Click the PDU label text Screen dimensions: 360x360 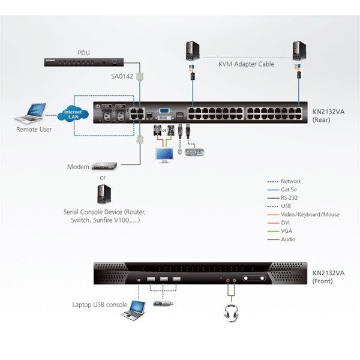83,52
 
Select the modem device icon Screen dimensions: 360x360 104,166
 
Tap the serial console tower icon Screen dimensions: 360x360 104,193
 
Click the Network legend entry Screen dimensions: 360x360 291,181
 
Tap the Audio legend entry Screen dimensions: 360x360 289,239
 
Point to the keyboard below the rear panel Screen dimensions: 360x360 194,152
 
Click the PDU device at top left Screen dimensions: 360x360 83,62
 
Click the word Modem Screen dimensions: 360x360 78,166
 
